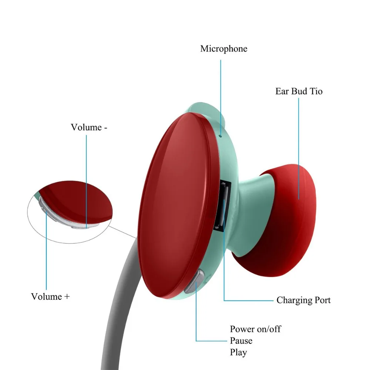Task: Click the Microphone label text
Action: (x=223, y=48)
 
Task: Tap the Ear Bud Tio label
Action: (x=299, y=91)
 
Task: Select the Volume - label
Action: (x=89, y=127)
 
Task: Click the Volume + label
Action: (x=50, y=296)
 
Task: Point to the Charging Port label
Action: (x=303, y=300)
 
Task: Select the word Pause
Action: (x=241, y=340)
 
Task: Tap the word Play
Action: (x=238, y=352)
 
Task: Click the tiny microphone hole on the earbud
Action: (x=221, y=135)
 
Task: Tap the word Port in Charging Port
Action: (x=322, y=300)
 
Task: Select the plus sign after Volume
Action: (x=67, y=297)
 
